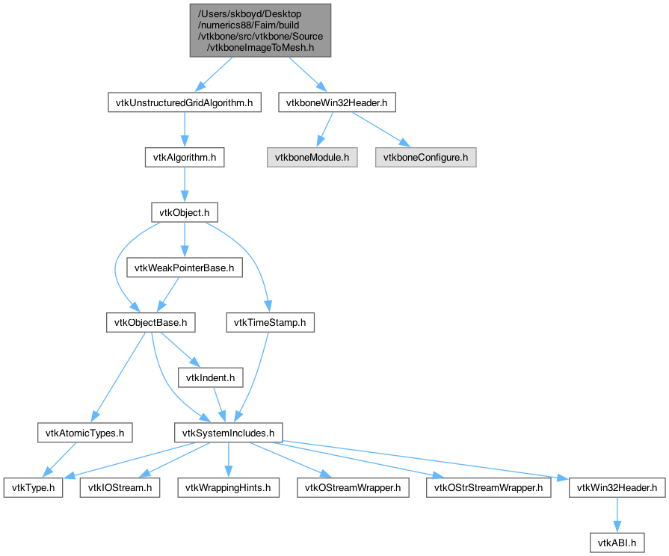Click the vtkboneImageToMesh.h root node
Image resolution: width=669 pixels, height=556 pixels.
pyautogui.click(x=260, y=31)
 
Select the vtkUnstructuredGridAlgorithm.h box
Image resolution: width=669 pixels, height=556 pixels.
pyautogui.click(x=185, y=103)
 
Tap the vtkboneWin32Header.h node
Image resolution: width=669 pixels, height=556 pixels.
pyautogui.click(x=337, y=103)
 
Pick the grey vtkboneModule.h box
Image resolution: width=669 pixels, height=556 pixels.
pyautogui.click(x=312, y=158)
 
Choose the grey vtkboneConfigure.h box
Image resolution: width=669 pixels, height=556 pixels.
pyautogui.click(x=426, y=158)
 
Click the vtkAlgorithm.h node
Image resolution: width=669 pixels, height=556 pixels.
pyautogui.click(x=185, y=158)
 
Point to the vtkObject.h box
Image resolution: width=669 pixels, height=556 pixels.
pyautogui.click(x=185, y=212)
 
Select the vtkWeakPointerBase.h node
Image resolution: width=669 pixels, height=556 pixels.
pyautogui.click(x=185, y=268)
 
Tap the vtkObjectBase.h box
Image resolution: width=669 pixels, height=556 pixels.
pyautogui.click(x=150, y=323)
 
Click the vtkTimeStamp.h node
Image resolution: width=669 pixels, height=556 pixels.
pyautogui.click(x=270, y=323)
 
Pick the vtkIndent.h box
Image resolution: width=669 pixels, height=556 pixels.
pyautogui.click(x=210, y=377)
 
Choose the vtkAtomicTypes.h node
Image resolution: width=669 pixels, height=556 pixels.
pyautogui.click(x=85, y=433)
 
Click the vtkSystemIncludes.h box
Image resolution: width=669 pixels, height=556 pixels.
pyautogui.click(x=228, y=433)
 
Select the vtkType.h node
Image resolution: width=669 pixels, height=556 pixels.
pyautogui.click(x=34, y=488)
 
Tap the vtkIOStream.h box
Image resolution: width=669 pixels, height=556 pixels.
pyautogui.click(x=120, y=488)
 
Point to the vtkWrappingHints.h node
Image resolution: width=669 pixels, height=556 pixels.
pyautogui.click(x=228, y=488)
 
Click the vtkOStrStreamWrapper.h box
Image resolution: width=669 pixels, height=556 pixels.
pyautogui.click(x=489, y=488)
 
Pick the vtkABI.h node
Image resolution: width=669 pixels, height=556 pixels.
pyautogui.click(x=617, y=543)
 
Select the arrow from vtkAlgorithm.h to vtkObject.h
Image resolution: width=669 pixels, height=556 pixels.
pyautogui.click(x=185, y=185)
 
